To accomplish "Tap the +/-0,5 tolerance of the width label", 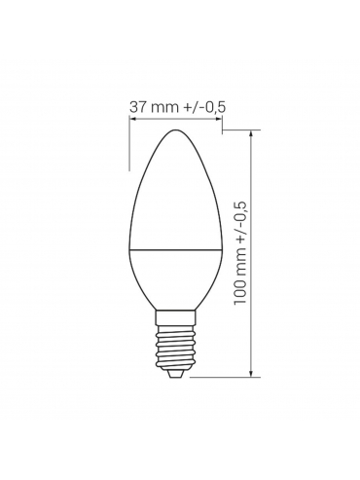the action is tap(205, 107).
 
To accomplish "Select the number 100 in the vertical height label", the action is tap(239, 292).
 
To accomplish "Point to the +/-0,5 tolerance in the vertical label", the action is tap(240, 221).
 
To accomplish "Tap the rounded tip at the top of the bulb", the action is tap(175, 130).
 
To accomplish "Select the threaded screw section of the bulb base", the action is tap(175, 347).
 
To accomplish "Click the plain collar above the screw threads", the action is tap(175, 317).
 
